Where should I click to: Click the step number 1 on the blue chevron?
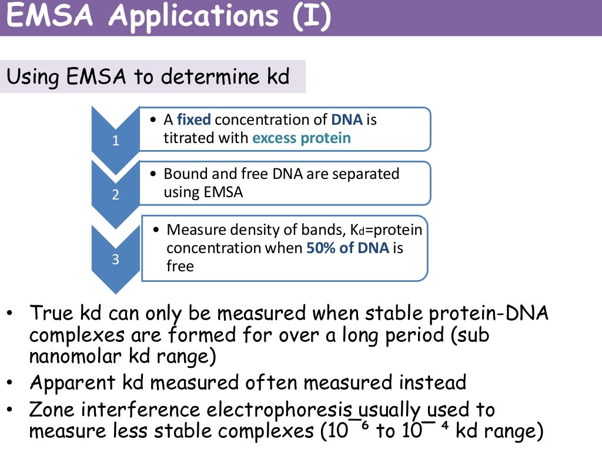click(116, 141)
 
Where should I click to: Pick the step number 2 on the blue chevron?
click(116, 195)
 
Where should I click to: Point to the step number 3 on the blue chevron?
click(116, 260)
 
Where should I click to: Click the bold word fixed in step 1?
click(194, 120)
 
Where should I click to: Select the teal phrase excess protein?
click(302, 138)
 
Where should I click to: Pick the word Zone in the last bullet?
click(56, 410)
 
